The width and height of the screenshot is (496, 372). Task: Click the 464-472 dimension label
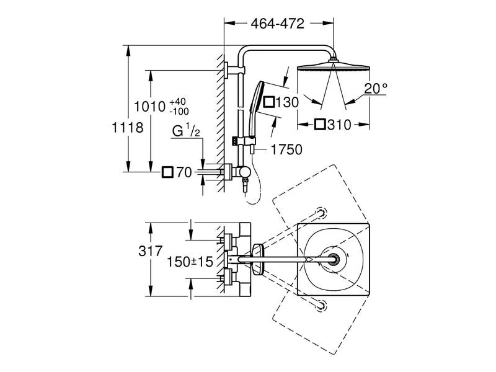pos(278,24)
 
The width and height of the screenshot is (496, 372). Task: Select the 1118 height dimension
pos(128,128)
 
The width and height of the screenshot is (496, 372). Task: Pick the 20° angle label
pos(375,89)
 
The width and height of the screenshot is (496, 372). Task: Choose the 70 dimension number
pos(184,172)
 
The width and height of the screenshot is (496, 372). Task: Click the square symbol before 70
pos(167,172)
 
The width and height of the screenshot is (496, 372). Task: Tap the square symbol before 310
pos(320,125)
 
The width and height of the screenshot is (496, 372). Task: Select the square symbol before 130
pos(269,102)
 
